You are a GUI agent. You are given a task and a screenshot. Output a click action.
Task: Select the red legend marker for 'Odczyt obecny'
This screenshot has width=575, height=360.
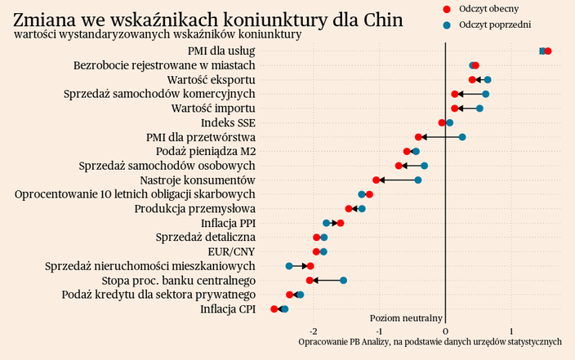click(446, 8)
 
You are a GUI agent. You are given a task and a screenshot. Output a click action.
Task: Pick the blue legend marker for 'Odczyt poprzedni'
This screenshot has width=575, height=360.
click(446, 25)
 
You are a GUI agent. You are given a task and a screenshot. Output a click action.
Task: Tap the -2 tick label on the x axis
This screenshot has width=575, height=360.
click(314, 331)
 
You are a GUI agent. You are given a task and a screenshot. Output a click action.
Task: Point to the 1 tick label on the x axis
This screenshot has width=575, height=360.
click(511, 331)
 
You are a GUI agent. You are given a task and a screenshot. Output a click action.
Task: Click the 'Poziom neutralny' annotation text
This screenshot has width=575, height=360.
click(406, 318)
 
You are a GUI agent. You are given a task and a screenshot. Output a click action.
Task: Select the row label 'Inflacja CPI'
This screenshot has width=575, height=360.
click(228, 309)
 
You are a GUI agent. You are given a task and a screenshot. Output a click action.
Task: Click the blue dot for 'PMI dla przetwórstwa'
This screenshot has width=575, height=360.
click(462, 137)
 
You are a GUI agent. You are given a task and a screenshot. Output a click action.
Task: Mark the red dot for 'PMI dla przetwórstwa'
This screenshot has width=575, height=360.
click(418, 137)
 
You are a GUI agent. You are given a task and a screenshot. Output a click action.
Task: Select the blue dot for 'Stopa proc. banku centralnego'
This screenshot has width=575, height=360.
click(344, 280)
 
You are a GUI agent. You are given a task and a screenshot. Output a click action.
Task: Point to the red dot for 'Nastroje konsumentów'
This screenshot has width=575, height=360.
click(377, 180)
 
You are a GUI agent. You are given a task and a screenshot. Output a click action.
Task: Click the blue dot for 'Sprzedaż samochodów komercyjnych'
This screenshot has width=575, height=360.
click(486, 94)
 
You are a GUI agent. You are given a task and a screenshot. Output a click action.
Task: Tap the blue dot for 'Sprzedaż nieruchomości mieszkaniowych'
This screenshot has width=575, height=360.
click(289, 266)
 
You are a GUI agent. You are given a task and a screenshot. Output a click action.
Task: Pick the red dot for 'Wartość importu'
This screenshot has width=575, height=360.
click(455, 109)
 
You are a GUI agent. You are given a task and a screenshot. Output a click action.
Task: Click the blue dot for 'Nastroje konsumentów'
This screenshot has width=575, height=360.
click(418, 180)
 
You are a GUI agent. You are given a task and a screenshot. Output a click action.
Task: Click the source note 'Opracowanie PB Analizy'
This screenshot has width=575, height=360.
click(430, 341)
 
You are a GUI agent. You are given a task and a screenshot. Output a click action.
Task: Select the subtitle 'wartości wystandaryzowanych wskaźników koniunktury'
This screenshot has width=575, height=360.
click(158, 34)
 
